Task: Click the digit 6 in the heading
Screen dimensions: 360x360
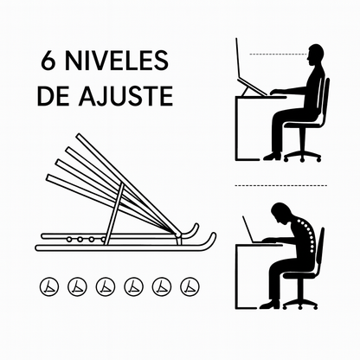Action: point(48,61)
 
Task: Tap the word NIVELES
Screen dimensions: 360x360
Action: point(117,61)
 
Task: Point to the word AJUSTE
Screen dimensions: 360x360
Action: point(125,96)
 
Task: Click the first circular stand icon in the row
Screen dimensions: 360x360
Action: point(49,286)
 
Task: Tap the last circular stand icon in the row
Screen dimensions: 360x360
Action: point(190,286)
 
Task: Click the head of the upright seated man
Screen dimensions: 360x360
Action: point(315,55)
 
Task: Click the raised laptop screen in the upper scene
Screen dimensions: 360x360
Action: point(238,58)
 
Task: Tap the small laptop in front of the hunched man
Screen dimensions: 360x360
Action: point(252,231)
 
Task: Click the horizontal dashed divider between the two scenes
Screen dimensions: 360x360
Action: point(281,185)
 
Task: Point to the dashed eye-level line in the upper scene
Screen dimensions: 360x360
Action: point(278,54)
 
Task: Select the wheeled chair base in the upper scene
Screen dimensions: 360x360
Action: point(302,156)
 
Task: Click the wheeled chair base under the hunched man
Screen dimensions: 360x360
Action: point(300,305)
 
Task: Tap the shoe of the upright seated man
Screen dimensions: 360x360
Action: point(272,156)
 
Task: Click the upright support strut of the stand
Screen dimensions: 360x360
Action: point(114,214)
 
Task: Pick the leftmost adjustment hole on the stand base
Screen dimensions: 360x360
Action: point(69,239)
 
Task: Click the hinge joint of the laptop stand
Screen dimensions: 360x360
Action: point(179,234)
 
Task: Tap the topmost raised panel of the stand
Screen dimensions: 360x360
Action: point(128,183)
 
